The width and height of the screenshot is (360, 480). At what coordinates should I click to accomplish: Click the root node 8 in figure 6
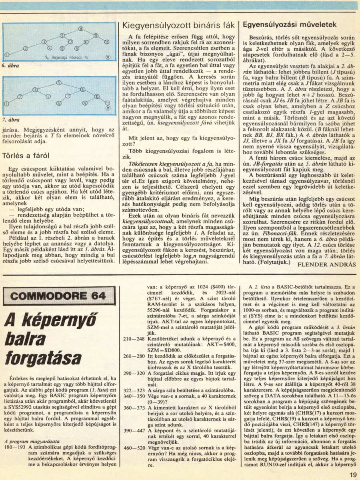[x=81, y=28]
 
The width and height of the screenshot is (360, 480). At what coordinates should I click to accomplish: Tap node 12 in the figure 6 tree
[x=106, y=42]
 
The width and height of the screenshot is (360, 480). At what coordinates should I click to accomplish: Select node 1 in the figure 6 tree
[x=7, y=54]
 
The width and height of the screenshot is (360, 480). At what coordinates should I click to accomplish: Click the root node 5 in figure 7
[x=58, y=83]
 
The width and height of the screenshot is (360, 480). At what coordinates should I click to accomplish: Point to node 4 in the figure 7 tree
[x=48, y=96]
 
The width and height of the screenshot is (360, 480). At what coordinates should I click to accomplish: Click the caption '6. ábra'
[x=11, y=66]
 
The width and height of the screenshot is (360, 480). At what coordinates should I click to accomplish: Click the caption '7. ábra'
[x=11, y=120]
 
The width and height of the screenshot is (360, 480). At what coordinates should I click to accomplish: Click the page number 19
[x=352, y=475]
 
